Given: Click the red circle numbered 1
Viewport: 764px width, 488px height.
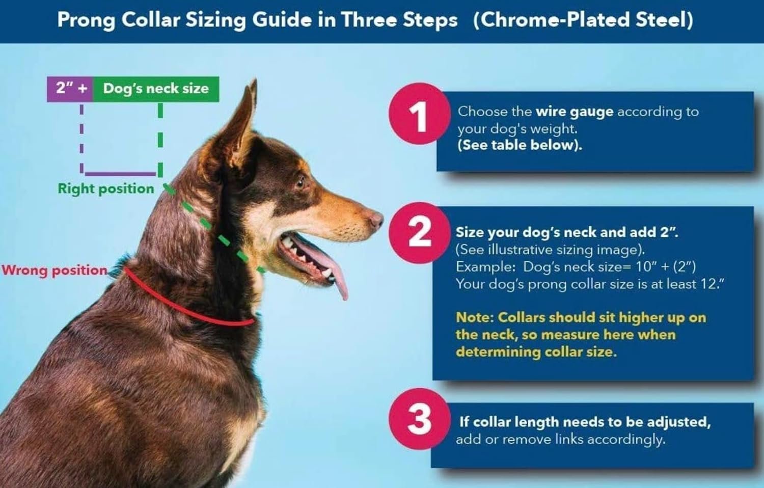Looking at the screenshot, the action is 420,114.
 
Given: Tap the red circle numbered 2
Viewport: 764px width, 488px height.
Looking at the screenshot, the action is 420,233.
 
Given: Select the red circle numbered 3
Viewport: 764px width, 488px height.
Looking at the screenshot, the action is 420,419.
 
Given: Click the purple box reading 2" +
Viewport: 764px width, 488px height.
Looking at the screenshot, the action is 70,89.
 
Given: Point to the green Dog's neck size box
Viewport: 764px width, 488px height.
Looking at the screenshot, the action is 156,89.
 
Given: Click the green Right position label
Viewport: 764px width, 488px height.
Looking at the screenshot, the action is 106,188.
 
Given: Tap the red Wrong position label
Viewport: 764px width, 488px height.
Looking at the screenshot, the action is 54,270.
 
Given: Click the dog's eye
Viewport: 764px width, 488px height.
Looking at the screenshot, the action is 300,183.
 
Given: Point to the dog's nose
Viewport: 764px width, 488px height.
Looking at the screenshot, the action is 376,219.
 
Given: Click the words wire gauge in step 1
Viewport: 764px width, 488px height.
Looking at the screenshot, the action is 575,112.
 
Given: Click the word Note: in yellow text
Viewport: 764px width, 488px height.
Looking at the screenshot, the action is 475,317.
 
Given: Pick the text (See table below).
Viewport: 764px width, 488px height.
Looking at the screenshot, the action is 520,145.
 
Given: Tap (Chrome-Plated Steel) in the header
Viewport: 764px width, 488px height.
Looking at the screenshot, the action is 583,20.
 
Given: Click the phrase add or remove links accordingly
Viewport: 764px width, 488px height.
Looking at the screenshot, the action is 561,440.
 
